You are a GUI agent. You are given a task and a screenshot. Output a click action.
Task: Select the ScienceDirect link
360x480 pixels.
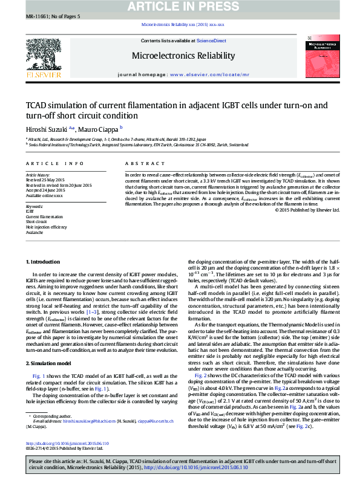tap(212, 41)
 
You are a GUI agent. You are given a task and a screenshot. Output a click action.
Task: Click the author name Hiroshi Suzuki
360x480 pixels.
tap(46, 129)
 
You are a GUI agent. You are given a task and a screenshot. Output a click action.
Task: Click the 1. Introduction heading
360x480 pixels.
tap(42, 261)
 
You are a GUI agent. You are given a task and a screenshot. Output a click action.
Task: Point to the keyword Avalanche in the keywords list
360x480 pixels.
tap(34, 232)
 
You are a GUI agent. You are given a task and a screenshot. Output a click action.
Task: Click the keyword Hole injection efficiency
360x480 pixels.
tap(46, 227)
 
